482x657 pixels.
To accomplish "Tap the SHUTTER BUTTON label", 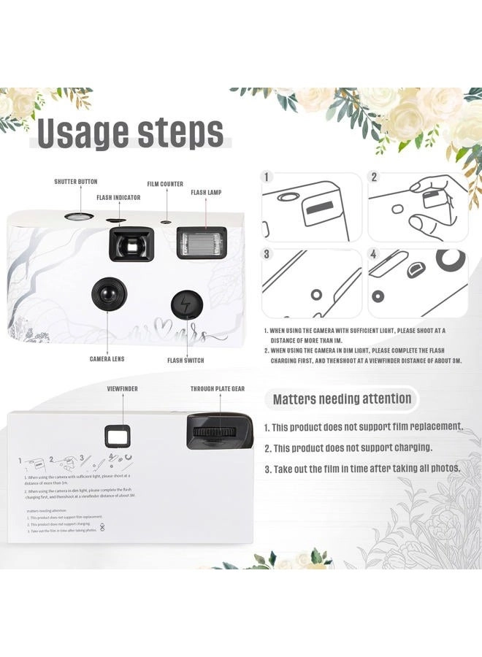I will (75, 182).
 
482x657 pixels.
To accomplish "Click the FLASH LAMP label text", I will (206, 193).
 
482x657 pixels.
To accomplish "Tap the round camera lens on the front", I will (106, 293).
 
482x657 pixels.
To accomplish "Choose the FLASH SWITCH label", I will (185, 361).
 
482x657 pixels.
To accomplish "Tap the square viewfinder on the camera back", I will (116, 437).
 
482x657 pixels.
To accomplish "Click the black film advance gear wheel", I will (220, 431).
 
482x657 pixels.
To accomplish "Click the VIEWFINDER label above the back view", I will (122, 390).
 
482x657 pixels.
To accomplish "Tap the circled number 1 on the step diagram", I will (268, 177).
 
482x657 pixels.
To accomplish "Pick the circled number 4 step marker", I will (374, 255).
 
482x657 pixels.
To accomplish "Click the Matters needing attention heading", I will (342, 399).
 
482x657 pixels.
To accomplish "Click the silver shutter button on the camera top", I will (77, 216).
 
